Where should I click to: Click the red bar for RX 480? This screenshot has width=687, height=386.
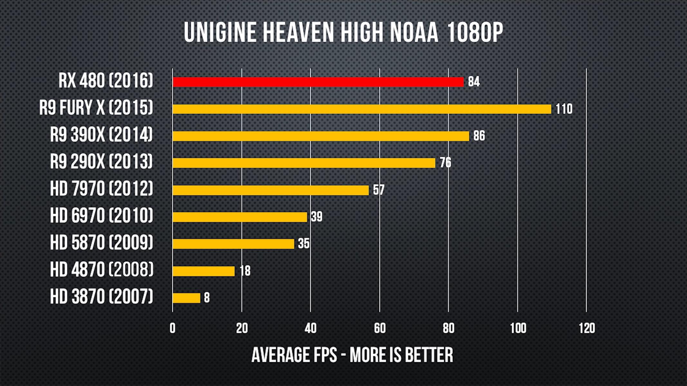[x=318, y=82]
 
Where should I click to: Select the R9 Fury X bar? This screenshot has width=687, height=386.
[x=362, y=109]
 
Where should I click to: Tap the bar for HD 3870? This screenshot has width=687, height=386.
[x=186, y=298]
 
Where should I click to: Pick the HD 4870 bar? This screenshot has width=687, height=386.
[x=204, y=271]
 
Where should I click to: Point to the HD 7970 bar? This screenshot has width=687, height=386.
[x=271, y=190]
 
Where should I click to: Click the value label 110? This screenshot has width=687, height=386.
[x=564, y=109]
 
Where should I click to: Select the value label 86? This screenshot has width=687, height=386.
[x=479, y=136]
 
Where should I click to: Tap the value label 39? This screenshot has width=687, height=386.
[x=317, y=217]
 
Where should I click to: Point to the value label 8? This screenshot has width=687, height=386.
[x=207, y=298]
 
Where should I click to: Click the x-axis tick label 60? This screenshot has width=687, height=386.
[x=380, y=328]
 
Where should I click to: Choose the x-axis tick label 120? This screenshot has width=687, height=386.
[x=587, y=328]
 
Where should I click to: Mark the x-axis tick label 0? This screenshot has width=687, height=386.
[x=173, y=328]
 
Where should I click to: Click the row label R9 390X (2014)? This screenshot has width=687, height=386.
[x=101, y=134]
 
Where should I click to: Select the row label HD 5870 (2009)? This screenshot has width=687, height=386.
[x=101, y=243]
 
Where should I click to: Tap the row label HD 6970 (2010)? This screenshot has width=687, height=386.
[x=101, y=216]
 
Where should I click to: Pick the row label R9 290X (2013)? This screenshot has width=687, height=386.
[x=101, y=161]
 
